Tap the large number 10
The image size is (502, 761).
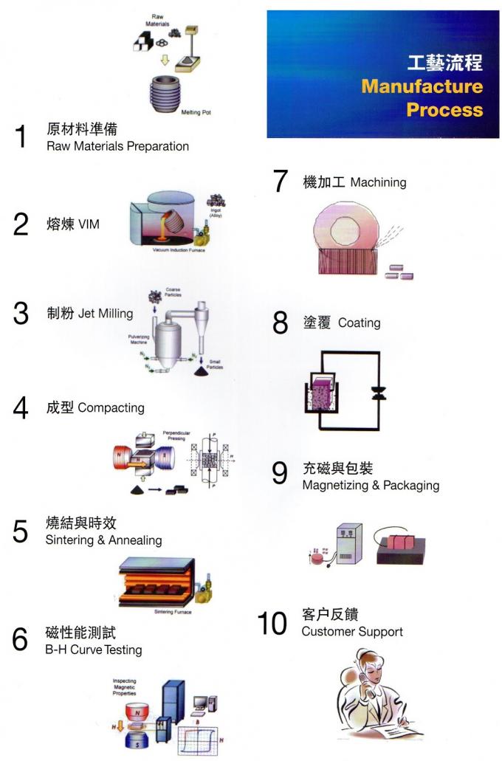coord(272,624)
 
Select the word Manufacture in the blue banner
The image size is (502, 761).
coord(422,86)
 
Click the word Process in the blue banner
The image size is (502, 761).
coord(444,110)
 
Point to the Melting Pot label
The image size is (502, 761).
coord(196,113)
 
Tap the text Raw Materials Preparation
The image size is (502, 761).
coord(117,146)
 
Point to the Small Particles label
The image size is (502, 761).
coord(215,364)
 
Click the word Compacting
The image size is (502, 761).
coord(111,407)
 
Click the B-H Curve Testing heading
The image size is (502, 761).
coord(94,650)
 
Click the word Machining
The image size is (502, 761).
coord(378,182)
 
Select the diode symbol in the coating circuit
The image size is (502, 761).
coord(379,393)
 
